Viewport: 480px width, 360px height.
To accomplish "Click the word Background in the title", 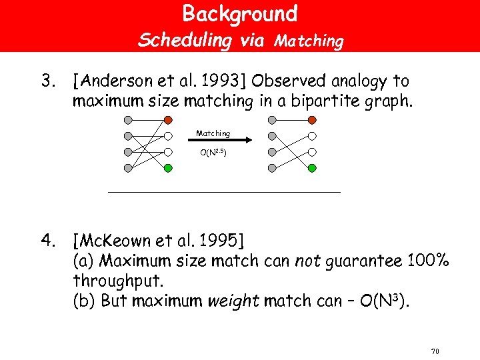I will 240,13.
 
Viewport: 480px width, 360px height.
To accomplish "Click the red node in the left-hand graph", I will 169,121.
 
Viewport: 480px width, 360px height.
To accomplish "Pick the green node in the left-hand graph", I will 169,169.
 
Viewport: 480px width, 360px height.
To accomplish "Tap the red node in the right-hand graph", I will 312,121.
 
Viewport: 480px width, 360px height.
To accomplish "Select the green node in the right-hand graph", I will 312,169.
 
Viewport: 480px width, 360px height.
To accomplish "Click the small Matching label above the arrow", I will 213,133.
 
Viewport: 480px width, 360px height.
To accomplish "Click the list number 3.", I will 47,82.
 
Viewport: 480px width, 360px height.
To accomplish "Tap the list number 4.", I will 47,239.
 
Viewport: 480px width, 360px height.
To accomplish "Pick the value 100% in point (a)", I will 427,261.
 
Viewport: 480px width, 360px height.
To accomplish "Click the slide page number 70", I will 435,351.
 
